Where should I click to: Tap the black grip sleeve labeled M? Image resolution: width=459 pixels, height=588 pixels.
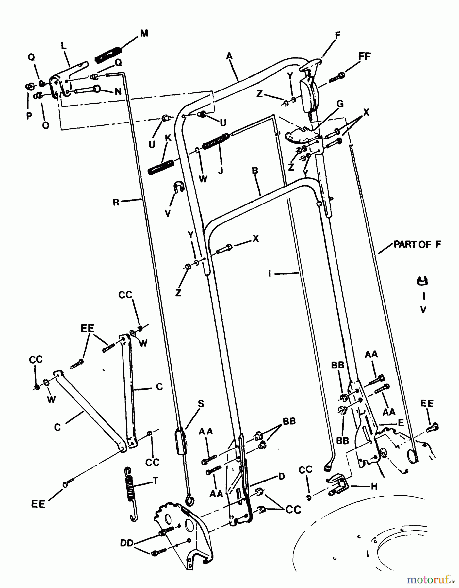point(108,54)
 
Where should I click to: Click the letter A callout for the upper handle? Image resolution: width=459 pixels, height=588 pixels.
point(229,57)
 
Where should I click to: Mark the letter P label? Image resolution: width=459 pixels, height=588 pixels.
point(29,116)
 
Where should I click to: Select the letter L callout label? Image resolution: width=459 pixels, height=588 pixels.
point(64,46)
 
